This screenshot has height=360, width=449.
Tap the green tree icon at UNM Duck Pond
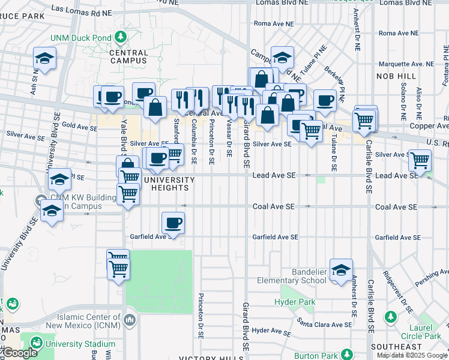(x=121, y=37)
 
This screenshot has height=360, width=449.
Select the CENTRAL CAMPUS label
(x=128, y=56)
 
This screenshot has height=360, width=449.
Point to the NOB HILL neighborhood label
(x=396, y=76)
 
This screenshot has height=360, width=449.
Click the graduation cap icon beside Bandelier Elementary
(x=341, y=271)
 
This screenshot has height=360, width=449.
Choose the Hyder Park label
(x=295, y=302)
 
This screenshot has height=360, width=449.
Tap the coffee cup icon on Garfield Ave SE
(x=173, y=223)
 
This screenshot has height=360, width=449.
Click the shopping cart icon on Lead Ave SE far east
(x=420, y=160)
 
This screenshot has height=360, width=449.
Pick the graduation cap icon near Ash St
(x=44, y=58)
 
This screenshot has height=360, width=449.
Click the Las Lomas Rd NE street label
(x=82, y=9)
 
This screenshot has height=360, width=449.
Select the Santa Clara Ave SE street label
(x=324, y=324)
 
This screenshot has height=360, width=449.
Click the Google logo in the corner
(x=19, y=353)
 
